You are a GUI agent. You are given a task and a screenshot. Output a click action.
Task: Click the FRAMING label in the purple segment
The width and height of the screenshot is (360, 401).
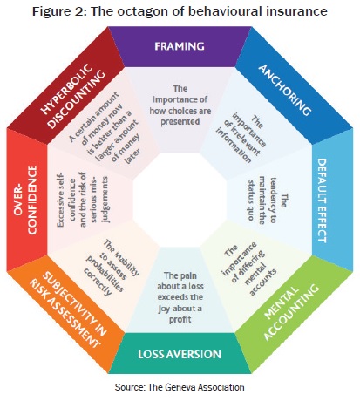pos(180,46)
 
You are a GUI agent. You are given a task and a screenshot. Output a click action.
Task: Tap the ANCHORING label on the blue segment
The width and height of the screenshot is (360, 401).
pos(285,90)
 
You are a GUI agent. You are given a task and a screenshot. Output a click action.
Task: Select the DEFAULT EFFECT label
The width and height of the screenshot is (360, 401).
pos(322,200)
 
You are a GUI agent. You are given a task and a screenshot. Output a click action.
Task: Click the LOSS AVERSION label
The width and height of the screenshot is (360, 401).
pos(180,354)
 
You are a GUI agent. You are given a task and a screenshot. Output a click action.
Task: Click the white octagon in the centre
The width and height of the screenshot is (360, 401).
pos(180,200)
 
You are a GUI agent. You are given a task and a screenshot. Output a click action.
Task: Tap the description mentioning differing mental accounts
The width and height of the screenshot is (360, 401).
pos(249,268)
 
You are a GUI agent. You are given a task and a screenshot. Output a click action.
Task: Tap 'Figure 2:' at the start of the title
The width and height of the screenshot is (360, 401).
pos(59,12)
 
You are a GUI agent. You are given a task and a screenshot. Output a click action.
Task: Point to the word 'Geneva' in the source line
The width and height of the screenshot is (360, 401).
pos(177,387)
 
